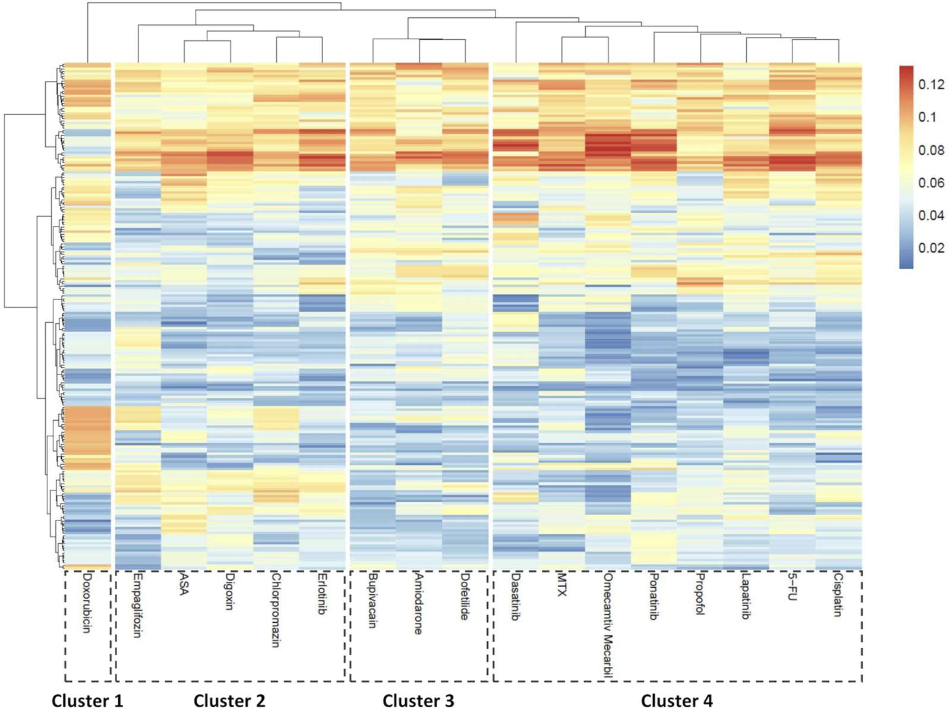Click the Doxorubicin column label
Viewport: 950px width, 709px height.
(87, 603)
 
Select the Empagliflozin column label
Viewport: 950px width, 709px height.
(137, 605)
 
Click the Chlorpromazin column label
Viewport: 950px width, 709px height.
(276, 609)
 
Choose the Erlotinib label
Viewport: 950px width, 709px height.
(322, 593)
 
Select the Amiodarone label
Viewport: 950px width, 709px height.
(419, 603)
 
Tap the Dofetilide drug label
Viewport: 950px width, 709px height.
(465, 596)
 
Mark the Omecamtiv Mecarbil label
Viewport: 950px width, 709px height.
(607, 624)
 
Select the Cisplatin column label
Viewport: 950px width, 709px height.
(838, 594)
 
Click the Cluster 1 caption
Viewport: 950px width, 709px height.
(87, 701)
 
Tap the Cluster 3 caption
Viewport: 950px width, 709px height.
(418, 701)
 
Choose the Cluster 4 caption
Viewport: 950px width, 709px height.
(677, 701)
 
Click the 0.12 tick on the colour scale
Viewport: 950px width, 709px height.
(931, 84)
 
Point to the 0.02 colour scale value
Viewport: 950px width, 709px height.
(931, 248)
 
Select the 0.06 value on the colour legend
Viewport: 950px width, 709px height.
(931, 182)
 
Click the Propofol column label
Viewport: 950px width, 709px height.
(700, 594)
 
